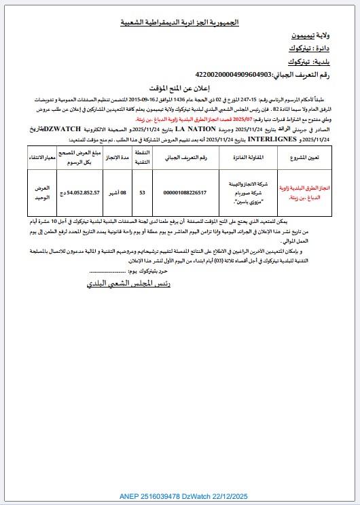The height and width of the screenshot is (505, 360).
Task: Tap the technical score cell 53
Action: (142, 192)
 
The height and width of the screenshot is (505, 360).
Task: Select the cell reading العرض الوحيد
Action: (45, 192)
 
